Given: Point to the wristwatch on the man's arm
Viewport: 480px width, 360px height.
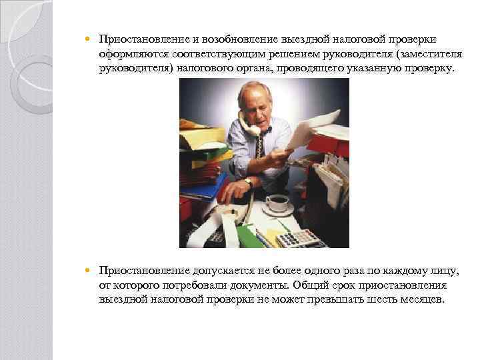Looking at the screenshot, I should [x=248, y=181].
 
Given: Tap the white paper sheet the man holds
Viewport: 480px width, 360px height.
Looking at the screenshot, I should [x=313, y=127].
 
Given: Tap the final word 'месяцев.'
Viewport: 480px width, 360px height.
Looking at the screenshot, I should [x=421, y=299].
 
